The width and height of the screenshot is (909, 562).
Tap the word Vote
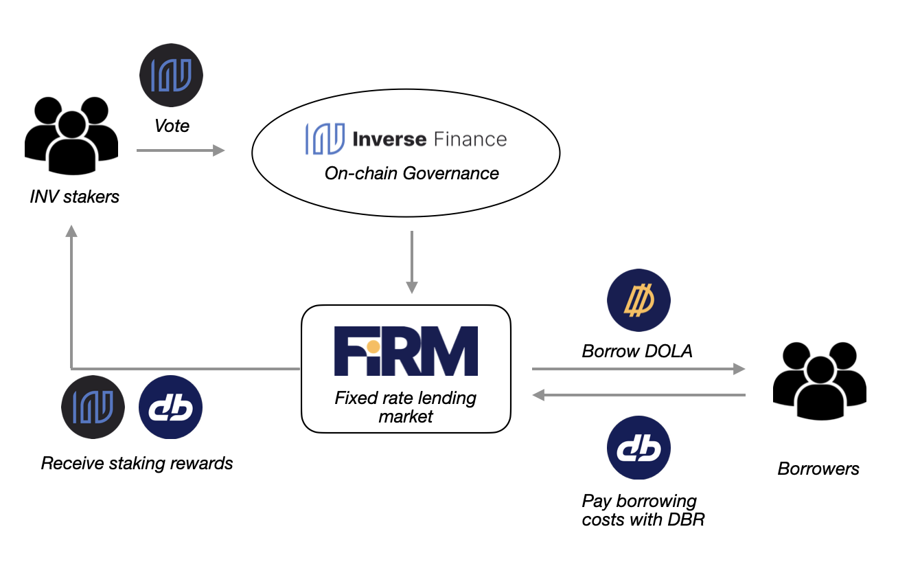pyautogui.click(x=172, y=126)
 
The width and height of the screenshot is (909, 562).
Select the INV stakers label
pyautogui.click(x=74, y=196)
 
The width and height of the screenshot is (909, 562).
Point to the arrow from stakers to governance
pyautogui.click(x=181, y=150)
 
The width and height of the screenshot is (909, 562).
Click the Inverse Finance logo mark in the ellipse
pyautogui.click(x=325, y=138)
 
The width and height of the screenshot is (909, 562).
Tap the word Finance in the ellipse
pyautogui.click(x=470, y=139)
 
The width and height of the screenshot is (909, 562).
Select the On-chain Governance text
pyautogui.click(x=412, y=173)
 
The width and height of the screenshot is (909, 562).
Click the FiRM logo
pyautogui.click(x=406, y=350)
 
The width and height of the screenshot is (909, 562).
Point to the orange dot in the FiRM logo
pyautogui.click(x=372, y=345)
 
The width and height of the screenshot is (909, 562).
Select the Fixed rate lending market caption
pyautogui.click(x=406, y=407)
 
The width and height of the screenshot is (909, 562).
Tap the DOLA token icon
pyautogui.click(x=638, y=301)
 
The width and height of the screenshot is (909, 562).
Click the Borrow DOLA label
pyautogui.click(x=637, y=352)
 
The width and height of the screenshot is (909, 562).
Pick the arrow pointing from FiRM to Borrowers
pyautogui.click(x=638, y=369)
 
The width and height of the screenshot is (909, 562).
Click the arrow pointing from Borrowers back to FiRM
pyautogui.click(x=638, y=395)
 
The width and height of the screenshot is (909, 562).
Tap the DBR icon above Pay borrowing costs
pyautogui.click(x=638, y=449)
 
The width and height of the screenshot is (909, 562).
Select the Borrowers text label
pyautogui.click(x=818, y=469)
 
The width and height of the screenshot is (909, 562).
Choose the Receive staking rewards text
pyautogui.click(x=137, y=463)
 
